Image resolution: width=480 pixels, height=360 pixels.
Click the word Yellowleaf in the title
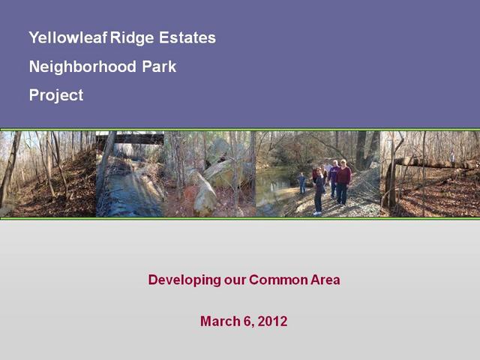point(68,37)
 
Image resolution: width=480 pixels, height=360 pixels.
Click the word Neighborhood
point(82,67)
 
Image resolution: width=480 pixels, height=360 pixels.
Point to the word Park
point(159,67)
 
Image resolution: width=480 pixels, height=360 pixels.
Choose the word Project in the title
point(56,95)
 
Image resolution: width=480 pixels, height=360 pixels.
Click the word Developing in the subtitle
point(184,280)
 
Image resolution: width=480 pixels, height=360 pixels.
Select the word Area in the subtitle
point(325,280)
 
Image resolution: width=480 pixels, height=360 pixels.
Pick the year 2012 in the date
point(272,322)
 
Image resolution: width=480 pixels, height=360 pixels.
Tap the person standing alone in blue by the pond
point(301,183)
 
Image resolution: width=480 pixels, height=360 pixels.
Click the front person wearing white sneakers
point(318,191)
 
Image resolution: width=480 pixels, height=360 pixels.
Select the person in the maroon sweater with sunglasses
point(343,181)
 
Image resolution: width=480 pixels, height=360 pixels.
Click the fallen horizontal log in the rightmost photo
point(435,163)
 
